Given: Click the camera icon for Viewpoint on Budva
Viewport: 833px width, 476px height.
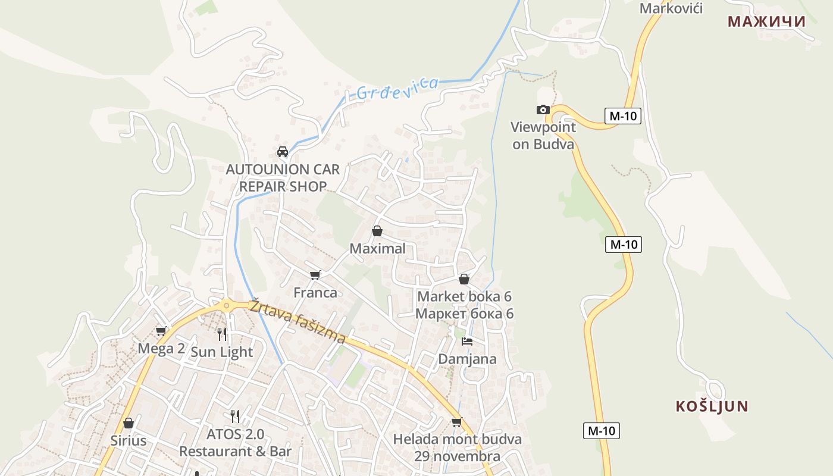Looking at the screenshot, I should pyautogui.click(x=543, y=109).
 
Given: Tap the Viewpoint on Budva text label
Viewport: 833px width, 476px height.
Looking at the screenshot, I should pyautogui.click(x=543, y=136).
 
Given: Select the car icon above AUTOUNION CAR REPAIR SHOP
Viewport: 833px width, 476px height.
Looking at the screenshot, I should pyautogui.click(x=283, y=151).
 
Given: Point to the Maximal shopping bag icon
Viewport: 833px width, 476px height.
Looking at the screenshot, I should pyautogui.click(x=377, y=231).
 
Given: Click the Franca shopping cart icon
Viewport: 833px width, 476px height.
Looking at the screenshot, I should pyautogui.click(x=315, y=275).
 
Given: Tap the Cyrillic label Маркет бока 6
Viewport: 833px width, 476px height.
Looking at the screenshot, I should pyautogui.click(x=464, y=314).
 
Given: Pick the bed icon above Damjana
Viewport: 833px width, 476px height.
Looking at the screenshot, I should pyautogui.click(x=467, y=342).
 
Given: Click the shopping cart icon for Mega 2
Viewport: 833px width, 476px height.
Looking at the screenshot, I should pyautogui.click(x=161, y=331).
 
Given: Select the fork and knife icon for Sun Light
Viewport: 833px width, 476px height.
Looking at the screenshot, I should pyautogui.click(x=222, y=334).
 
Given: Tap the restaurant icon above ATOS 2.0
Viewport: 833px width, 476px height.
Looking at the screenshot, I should pyautogui.click(x=235, y=416).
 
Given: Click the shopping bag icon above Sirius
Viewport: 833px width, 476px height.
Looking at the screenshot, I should pyautogui.click(x=128, y=423).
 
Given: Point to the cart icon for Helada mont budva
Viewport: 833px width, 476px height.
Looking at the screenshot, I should pyautogui.click(x=456, y=422).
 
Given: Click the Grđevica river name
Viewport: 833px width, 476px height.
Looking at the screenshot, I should pyautogui.click(x=397, y=89).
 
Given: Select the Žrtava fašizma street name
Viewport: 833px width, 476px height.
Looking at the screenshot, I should pyautogui.click(x=297, y=321).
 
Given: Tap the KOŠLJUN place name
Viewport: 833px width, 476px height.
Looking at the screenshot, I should pyautogui.click(x=712, y=406).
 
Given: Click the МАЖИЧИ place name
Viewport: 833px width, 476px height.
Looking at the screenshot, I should pyautogui.click(x=766, y=21).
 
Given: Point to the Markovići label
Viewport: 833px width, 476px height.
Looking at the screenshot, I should pyautogui.click(x=671, y=8).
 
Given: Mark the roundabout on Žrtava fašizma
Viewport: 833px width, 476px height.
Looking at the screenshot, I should pyautogui.click(x=226, y=306).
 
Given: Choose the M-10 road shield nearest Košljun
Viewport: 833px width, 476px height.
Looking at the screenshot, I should pyautogui.click(x=601, y=431).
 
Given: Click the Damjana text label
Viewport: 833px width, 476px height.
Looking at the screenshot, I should pyautogui.click(x=467, y=359).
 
